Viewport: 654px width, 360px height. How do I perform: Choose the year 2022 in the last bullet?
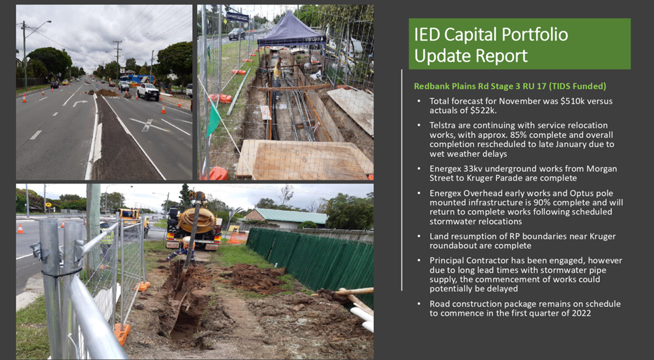click(582, 313)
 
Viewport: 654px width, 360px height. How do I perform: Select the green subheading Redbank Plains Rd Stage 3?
click(467, 86)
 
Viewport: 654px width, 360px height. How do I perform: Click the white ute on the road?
click(147, 91)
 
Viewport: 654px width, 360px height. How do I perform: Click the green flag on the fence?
click(214, 118)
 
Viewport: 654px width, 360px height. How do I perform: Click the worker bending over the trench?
click(182, 251)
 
